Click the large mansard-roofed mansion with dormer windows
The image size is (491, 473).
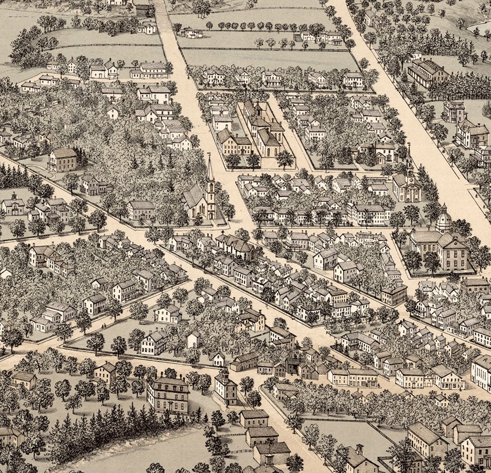[168, 394]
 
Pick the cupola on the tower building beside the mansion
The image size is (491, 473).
[223, 374]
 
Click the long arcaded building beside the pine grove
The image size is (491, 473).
[426, 73]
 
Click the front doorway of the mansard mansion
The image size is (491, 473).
[169, 407]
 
